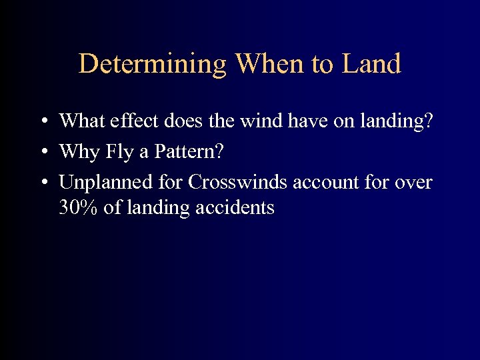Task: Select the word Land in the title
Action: (x=371, y=64)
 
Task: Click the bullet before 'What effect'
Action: (x=42, y=121)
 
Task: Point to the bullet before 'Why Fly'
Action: (x=42, y=152)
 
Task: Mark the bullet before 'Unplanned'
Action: (x=42, y=183)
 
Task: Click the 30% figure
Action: (x=79, y=207)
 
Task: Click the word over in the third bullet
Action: (x=414, y=183)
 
